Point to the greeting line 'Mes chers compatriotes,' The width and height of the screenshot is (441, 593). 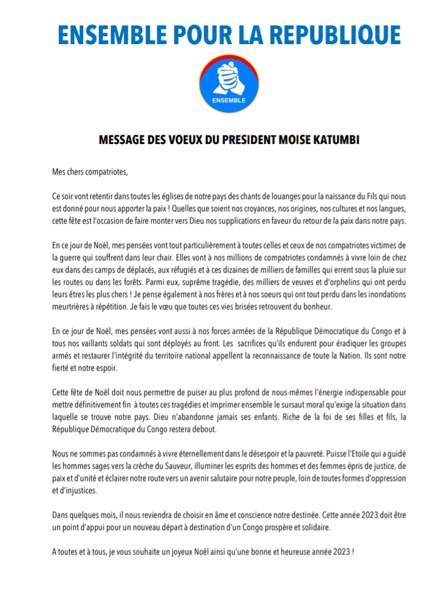90,171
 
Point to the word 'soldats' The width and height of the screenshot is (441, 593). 124,343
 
